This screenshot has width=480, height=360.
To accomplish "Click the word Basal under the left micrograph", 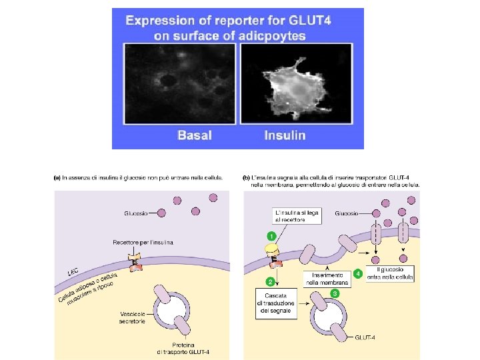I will [x=194, y=135].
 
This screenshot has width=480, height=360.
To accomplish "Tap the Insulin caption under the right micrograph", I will [x=285, y=135].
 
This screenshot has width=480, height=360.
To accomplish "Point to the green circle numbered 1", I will [x=271, y=235].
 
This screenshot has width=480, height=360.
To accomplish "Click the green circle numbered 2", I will [x=271, y=282].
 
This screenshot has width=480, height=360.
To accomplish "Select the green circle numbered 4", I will [x=358, y=273].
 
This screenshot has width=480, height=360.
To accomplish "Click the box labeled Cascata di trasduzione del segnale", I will [x=275, y=303].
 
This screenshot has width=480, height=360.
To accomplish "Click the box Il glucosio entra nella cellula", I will [x=390, y=273].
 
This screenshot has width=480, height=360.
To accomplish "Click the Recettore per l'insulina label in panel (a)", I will [x=143, y=243].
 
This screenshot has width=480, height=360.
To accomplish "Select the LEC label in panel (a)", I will [x=73, y=272].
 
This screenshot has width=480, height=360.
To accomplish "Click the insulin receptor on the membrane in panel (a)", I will [x=136, y=261].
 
